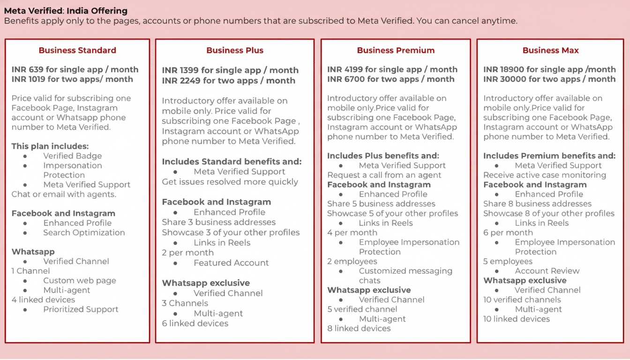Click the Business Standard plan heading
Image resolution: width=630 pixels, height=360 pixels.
point(77,50)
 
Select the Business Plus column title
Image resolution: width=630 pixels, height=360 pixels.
point(235,50)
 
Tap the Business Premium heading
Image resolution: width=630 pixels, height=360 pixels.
point(396,50)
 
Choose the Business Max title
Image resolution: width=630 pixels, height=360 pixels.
point(550,50)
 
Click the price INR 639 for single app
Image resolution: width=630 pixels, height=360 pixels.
point(75,69)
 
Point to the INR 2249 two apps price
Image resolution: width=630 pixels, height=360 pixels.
point(228,80)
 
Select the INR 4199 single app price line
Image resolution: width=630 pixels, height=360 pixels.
point(392,69)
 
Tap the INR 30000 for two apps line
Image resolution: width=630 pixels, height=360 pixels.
point(549,79)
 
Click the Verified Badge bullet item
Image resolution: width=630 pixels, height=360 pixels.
point(72,156)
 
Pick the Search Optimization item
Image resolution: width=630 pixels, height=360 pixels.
point(84,232)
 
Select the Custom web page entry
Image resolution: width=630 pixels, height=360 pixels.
point(79,280)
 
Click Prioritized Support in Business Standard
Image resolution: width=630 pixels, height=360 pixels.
point(81,309)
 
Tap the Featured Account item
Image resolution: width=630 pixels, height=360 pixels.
point(231,263)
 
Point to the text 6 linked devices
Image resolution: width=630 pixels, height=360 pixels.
point(195,323)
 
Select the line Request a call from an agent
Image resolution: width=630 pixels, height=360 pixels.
point(384,175)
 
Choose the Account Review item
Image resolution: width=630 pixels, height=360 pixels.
point(547,271)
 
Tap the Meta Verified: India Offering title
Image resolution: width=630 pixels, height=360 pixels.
point(66,11)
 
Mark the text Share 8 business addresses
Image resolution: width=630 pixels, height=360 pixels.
point(537,204)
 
